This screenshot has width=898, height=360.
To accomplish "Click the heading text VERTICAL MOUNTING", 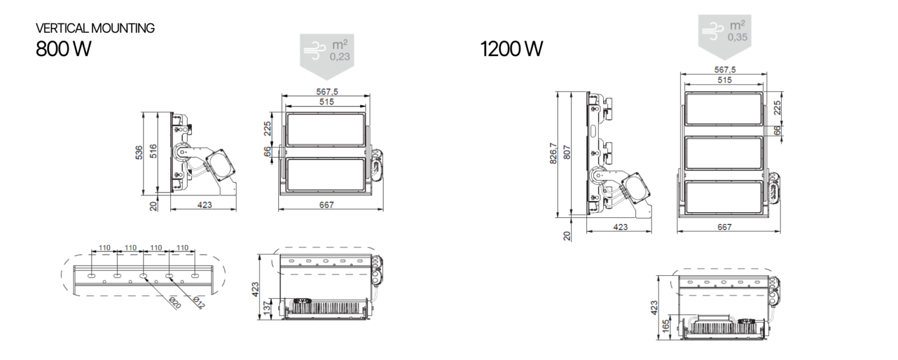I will (95, 29).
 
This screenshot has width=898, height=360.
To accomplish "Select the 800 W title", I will (63, 50).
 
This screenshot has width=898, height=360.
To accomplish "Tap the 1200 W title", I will (511, 50).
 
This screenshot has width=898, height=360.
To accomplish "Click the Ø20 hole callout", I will (174, 303).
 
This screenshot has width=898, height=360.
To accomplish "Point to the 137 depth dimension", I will (267, 308).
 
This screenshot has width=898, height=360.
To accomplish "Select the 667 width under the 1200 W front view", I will (724, 227).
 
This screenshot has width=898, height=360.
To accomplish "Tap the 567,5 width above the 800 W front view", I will (326, 91).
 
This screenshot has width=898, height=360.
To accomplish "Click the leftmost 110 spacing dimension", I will (104, 248).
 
